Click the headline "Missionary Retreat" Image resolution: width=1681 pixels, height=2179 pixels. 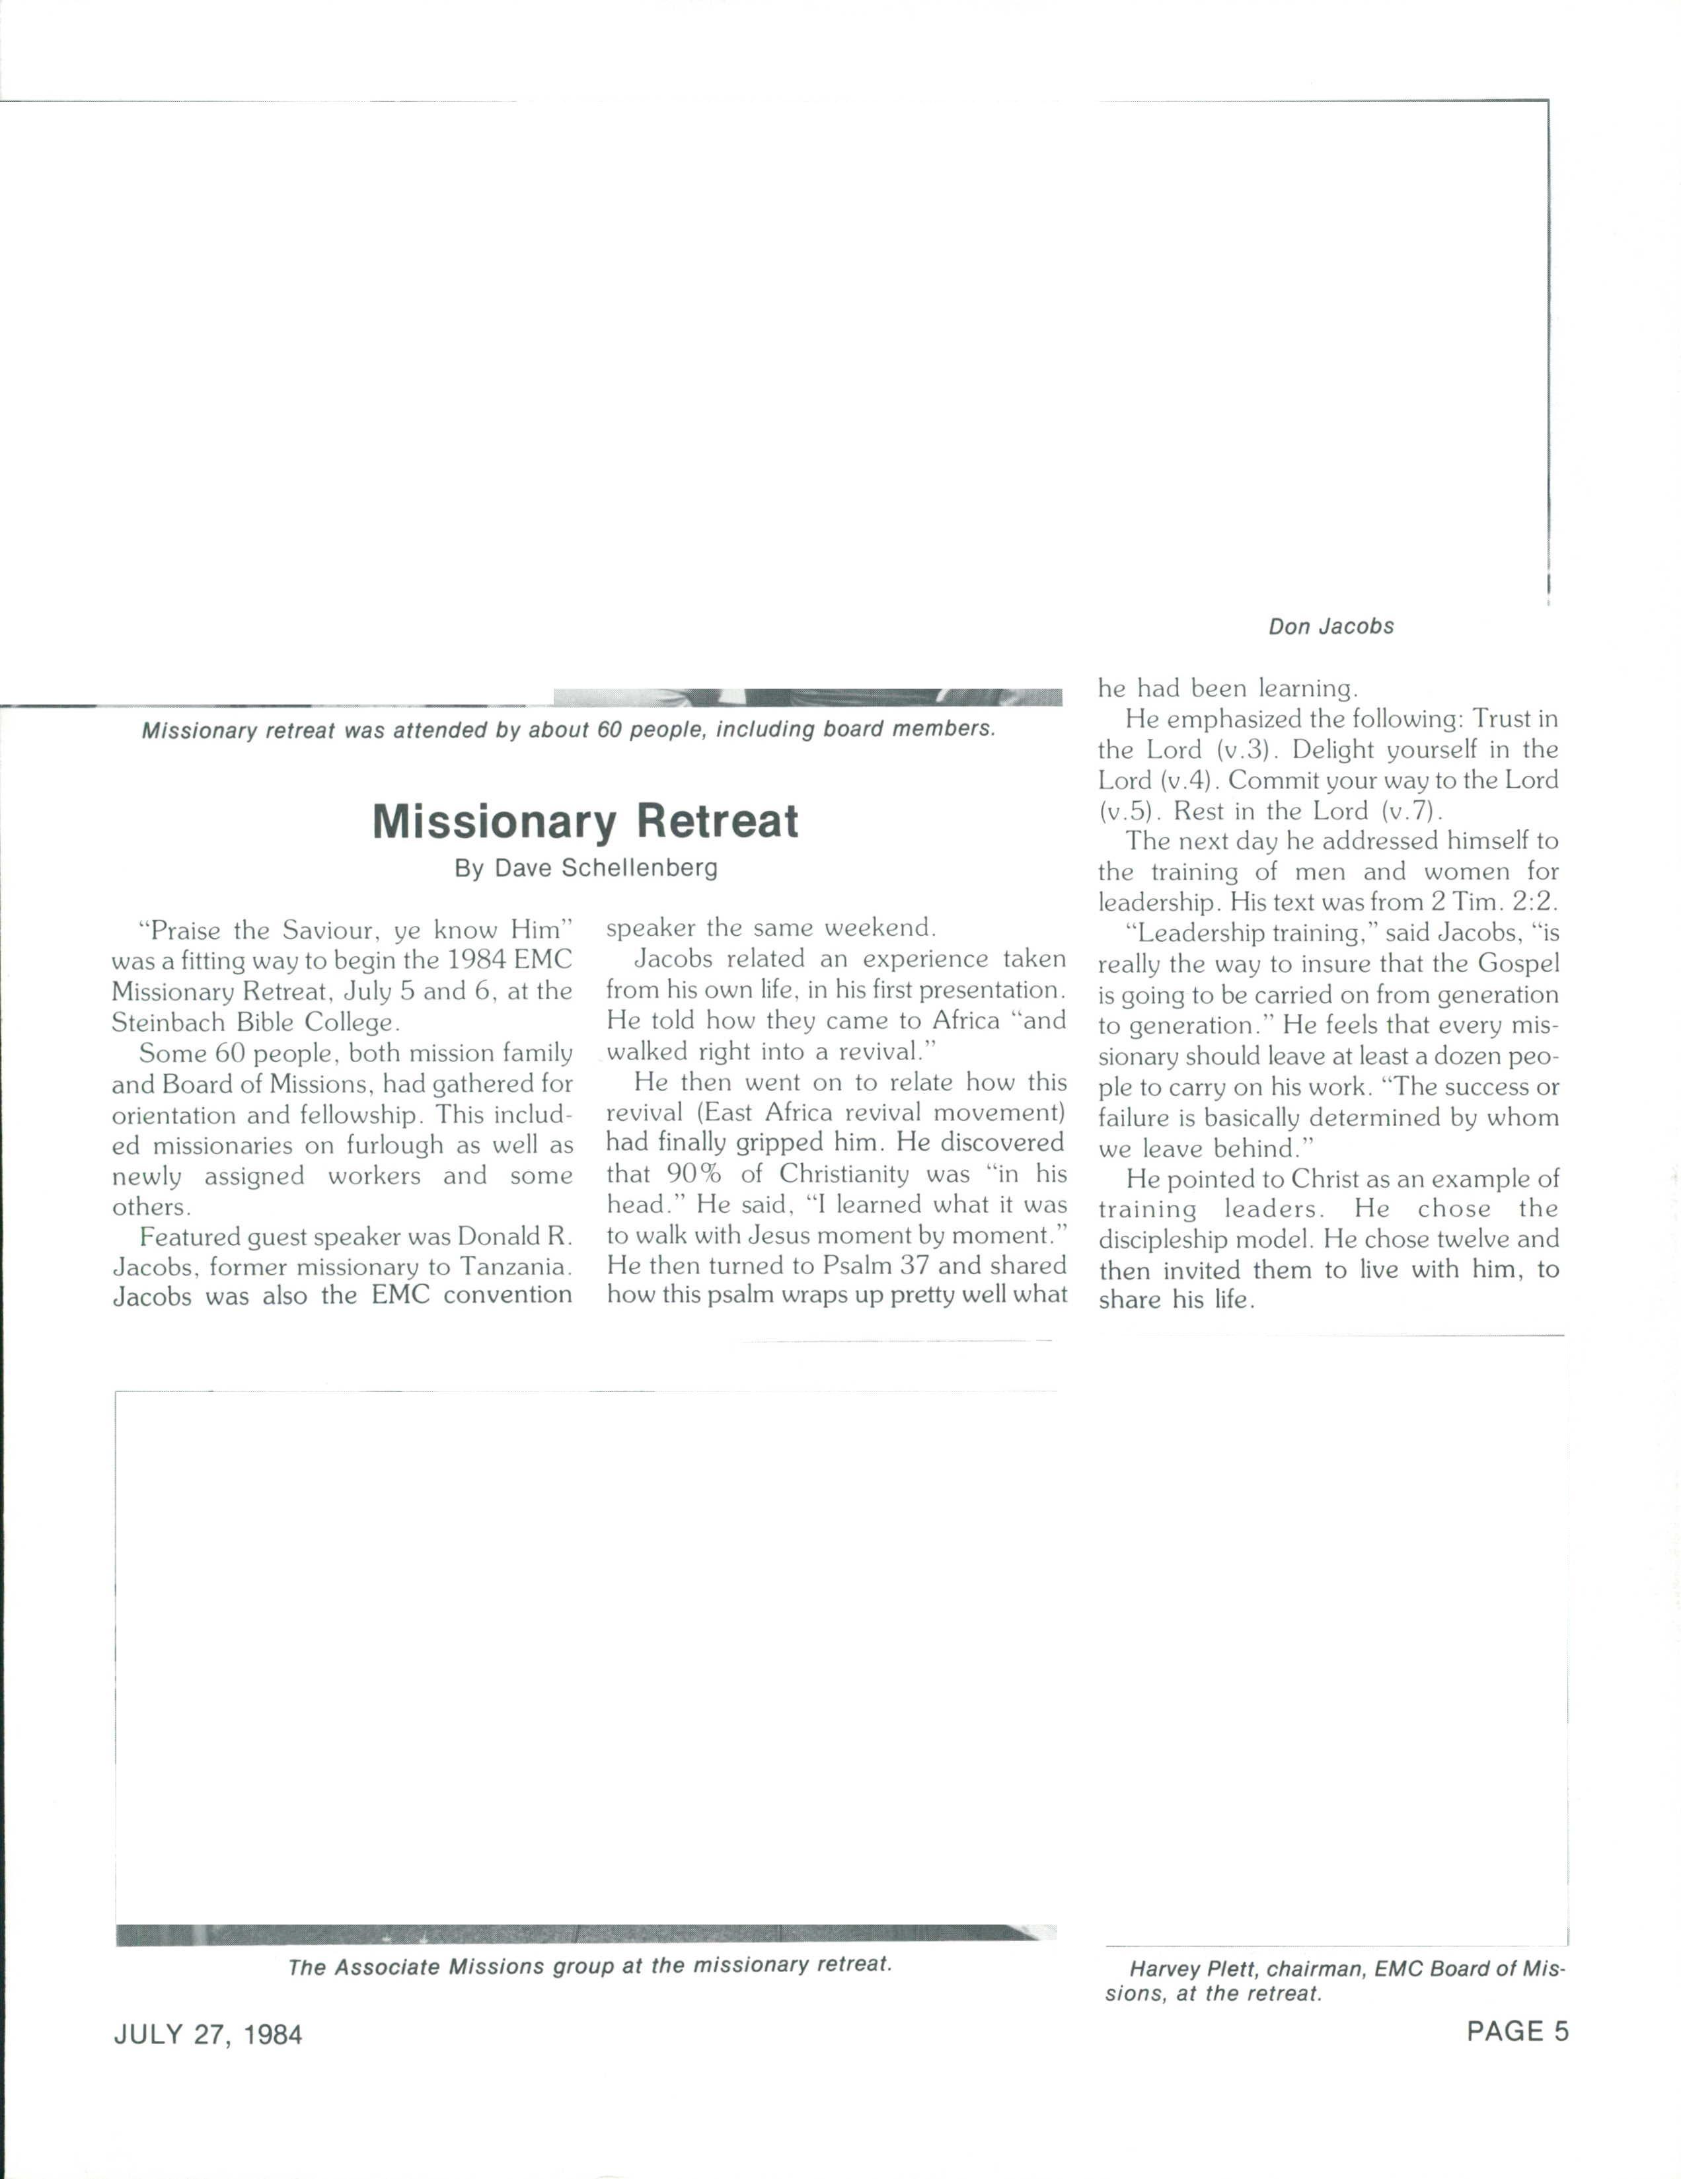click(x=585, y=821)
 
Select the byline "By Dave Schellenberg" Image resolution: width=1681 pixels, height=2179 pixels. click(x=585, y=868)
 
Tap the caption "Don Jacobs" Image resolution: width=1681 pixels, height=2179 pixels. click(x=1331, y=627)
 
